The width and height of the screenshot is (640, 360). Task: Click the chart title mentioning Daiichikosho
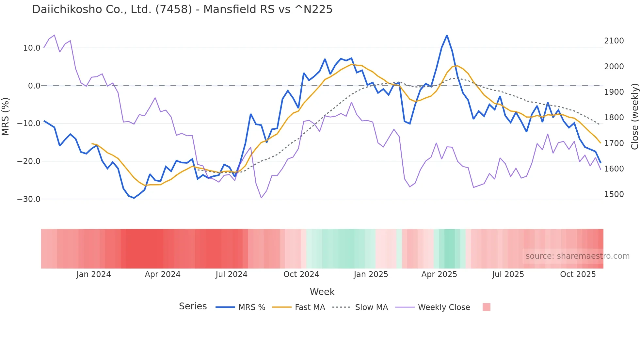tap(182, 9)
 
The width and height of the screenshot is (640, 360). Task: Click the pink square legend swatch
tap(486, 307)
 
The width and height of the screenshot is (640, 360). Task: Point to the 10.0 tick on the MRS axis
tap(32, 48)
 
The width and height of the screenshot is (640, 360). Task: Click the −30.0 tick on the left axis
tap(29, 199)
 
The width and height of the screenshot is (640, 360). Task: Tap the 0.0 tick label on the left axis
tap(34, 86)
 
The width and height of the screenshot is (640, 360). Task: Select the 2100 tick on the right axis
tap(614, 41)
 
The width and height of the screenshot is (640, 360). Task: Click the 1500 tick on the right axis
tap(614, 194)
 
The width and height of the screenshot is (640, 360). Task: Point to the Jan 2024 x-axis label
tap(94, 274)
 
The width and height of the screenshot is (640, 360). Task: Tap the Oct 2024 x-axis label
tap(301, 274)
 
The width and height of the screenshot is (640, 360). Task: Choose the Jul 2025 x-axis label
tap(508, 274)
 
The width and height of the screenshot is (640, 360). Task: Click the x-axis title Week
tap(322, 292)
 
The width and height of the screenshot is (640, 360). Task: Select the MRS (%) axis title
tap(6, 116)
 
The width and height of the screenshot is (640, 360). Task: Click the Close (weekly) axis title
tap(634, 117)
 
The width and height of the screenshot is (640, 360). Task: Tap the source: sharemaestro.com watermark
tap(577, 256)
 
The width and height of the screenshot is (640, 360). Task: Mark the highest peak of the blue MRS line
tap(447, 36)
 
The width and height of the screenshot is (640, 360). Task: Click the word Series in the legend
tap(193, 306)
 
